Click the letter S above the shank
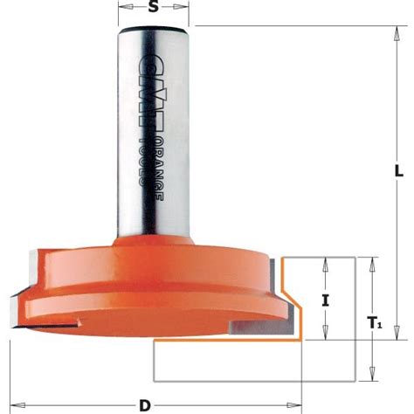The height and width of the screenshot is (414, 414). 153,8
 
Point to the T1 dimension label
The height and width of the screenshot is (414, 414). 376,322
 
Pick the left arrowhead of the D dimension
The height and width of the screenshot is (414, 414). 17,404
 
